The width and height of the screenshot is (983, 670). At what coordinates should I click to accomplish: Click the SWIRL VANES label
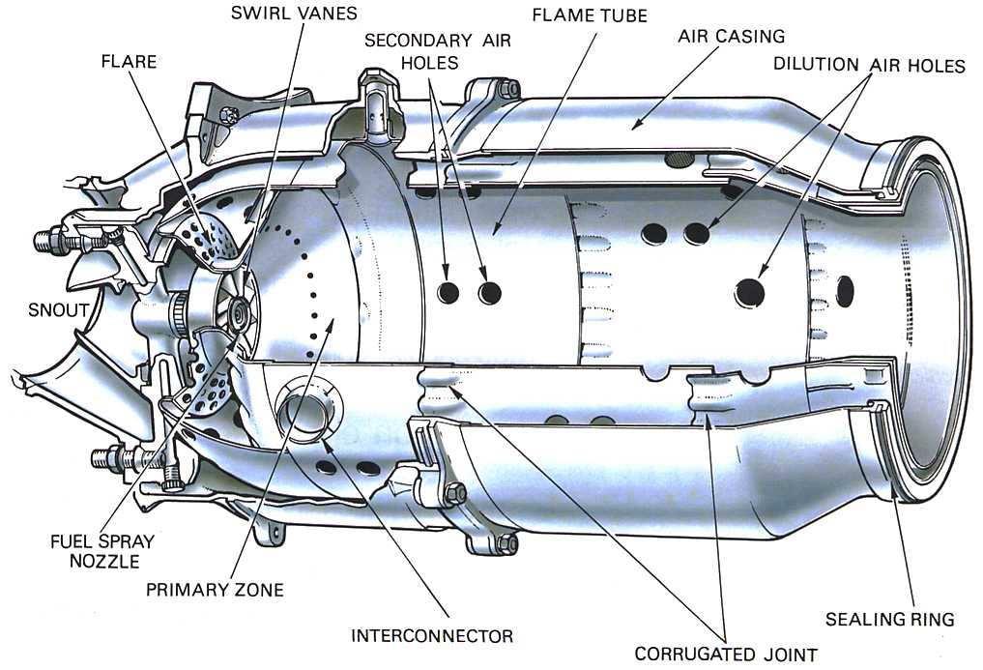click(x=294, y=14)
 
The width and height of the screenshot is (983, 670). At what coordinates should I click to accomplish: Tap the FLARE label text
click(x=130, y=62)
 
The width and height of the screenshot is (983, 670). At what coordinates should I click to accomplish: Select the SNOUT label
click(x=59, y=310)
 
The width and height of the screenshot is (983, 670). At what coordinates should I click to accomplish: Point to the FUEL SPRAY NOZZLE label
click(x=102, y=550)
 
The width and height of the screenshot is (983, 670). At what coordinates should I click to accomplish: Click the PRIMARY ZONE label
click(x=215, y=590)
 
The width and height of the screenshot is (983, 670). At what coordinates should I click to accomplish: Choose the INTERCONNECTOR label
click(x=432, y=636)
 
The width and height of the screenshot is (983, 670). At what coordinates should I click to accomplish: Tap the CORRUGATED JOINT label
click(x=726, y=655)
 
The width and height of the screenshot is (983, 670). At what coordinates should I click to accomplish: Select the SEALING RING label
click(x=889, y=619)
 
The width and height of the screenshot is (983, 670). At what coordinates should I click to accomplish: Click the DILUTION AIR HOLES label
click(x=869, y=65)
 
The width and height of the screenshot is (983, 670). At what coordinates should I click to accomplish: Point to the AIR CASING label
click(x=731, y=37)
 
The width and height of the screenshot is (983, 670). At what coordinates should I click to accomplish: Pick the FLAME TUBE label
click(x=590, y=15)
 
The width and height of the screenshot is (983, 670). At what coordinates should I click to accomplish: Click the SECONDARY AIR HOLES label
click(x=438, y=51)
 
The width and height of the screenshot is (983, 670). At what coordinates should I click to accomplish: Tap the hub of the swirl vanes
click(x=238, y=308)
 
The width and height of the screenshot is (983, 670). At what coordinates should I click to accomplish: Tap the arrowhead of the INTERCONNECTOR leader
click(x=325, y=441)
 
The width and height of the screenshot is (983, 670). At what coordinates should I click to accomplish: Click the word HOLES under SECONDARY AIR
click(x=429, y=63)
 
